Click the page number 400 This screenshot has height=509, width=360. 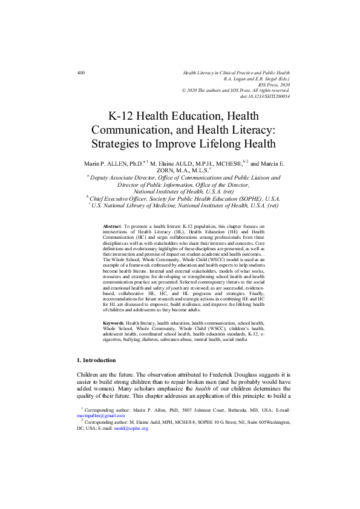tap(81, 73)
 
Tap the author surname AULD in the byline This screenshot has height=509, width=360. tap(204, 163)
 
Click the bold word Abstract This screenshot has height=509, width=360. tap(113, 225)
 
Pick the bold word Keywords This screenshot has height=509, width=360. tap(116, 324)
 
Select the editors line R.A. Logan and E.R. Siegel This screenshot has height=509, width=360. tap(257, 79)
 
